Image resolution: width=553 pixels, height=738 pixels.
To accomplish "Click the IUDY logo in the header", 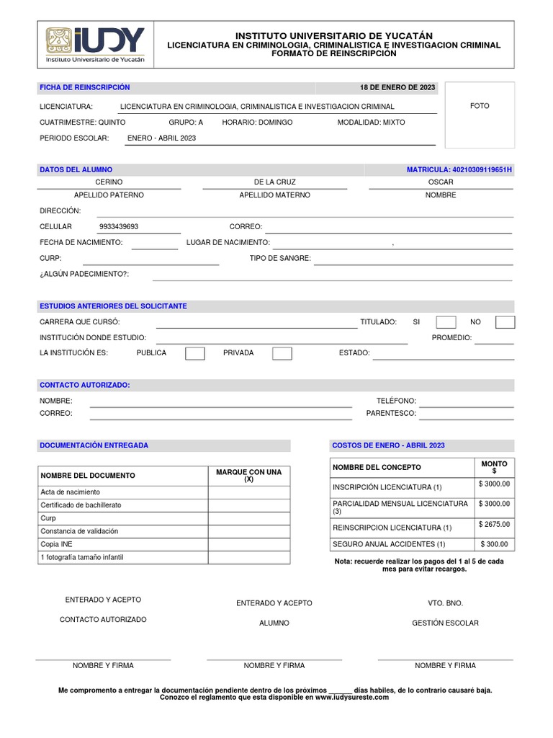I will point(95,45).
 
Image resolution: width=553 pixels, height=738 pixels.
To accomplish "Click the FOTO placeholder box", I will point(480,115).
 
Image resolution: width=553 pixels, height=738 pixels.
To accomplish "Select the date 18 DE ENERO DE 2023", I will point(397,87).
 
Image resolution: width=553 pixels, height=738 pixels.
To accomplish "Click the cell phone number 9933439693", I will point(119,226).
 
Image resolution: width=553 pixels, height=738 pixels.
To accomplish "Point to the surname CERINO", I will point(109,182).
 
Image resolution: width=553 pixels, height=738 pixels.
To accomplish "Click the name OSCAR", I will point(441,182).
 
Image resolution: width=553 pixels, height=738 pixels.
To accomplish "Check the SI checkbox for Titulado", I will point(446,322).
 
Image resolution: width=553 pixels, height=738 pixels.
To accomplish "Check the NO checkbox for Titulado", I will point(505,322).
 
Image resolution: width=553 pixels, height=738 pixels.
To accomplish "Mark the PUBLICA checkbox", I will point(195,353).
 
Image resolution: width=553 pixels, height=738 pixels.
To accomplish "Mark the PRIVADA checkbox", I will point(282,353).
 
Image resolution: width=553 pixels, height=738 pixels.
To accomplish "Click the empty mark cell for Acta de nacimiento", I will point(249,492).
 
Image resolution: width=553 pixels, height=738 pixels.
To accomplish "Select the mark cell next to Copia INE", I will point(249,544).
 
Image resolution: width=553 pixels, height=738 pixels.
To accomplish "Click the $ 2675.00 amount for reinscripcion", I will point(494,525).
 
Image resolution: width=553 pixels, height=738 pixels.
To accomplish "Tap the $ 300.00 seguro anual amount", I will point(494,544).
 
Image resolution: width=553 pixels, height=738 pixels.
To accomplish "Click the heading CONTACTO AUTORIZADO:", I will point(84,385).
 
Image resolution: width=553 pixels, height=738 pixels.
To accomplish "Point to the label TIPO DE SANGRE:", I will point(280,258).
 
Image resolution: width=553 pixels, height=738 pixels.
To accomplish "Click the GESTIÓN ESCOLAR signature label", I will point(445,623).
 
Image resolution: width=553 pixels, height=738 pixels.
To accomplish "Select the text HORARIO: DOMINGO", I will point(257,123).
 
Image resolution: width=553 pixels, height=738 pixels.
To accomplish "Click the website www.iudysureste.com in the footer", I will point(351,697).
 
